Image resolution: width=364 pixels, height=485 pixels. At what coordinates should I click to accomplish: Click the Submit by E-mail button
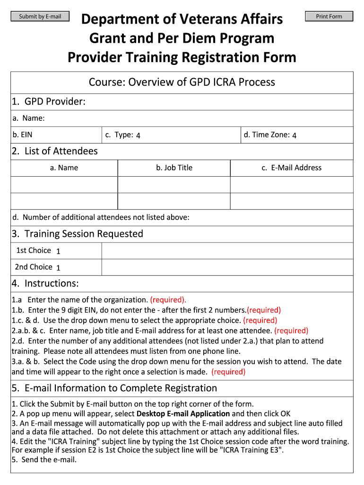pyautogui.click(x=40, y=17)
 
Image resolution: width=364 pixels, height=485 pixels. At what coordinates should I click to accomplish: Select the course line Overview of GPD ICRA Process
pyautogui.click(x=182, y=82)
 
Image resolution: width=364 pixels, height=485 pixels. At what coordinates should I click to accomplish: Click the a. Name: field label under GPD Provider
pyautogui.click(x=29, y=118)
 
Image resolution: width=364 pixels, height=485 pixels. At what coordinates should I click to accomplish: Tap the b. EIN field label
pyautogui.click(x=23, y=135)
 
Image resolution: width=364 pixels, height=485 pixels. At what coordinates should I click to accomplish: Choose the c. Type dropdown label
pyautogui.click(x=119, y=135)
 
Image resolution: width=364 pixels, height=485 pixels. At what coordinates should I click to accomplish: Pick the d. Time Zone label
pyautogui.click(x=267, y=135)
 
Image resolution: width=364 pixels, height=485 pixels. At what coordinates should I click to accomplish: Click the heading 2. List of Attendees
pyautogui.click(x=54, y=151)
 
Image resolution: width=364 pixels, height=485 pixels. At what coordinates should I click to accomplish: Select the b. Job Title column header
pyautogui.click(x=174, y=168)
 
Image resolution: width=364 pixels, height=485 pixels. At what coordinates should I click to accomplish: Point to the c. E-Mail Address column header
pyautogui.click(x=291, y=168)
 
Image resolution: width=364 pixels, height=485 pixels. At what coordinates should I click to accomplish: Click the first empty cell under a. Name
pyautogui.click(x=64, y=185)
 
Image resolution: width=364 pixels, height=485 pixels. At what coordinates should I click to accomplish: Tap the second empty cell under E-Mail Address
pyautogui.click(x=292, y=201)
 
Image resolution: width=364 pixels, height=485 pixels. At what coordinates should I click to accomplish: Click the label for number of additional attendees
pyautogui.click(x=101, y=217)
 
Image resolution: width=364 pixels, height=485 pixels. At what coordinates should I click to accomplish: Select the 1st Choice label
pyautogui.click(x=34, y=251)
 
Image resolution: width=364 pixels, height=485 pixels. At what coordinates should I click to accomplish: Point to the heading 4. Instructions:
pyautogui.click(x=45, y=283)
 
